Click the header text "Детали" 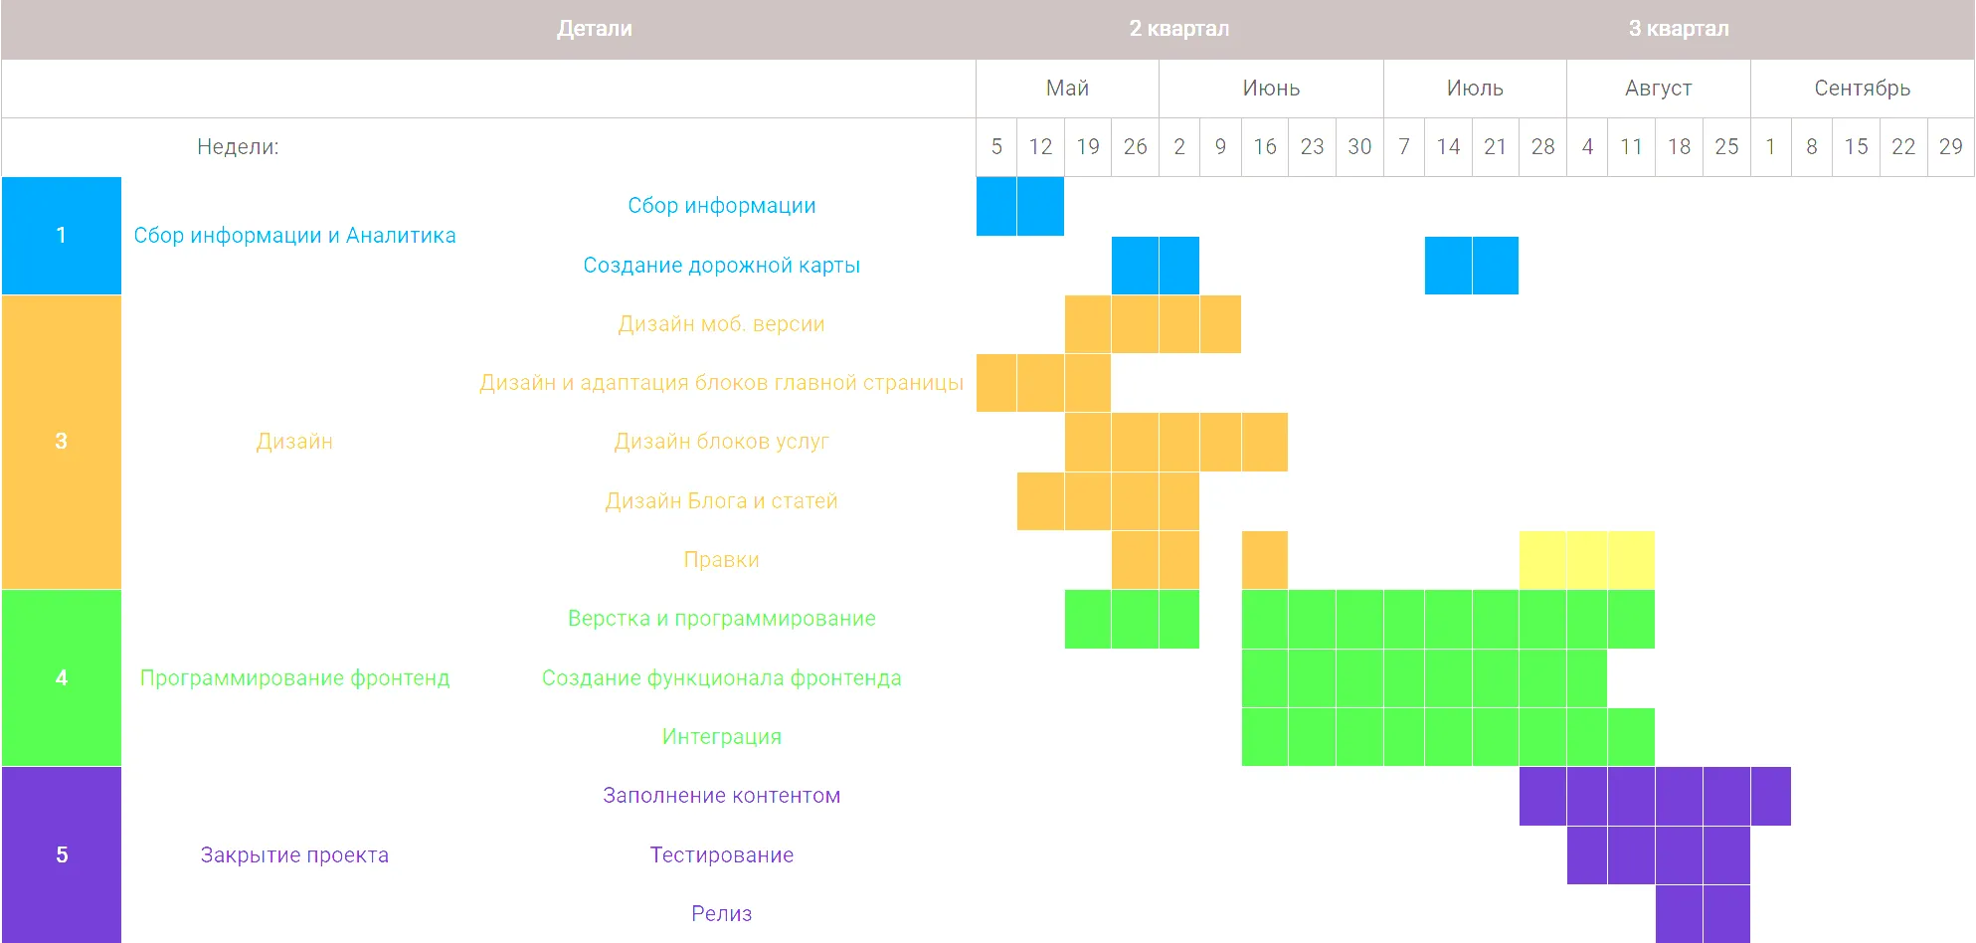click(x=594, y=29)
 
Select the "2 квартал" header click(x=1178, y=29)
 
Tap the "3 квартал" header click(x=1678, y=29)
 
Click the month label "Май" click(x=1067, y=89)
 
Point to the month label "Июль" click(x=1474, y=89)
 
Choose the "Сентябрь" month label click(x=1862, y=89)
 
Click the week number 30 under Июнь click(x=1359, y=147)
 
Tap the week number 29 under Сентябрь click(x=1950, y=147)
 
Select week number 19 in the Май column click(x=1088, y=147)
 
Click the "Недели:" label click(x=238, y=147)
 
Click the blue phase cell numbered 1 click(x=62, y=236)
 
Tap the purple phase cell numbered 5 click(x=62, y=854)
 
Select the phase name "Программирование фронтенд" click(x=294, y=678)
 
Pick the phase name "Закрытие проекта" click(x=294, y=855)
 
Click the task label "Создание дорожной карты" click(x=721, y=266)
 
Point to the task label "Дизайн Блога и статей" click(x=721, y=501)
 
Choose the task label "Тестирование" click(x=721, y=855)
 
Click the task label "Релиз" click(x=721, y=914)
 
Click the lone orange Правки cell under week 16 click(x=1264, y=560)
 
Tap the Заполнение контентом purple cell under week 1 click(x=1770, y=796)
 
